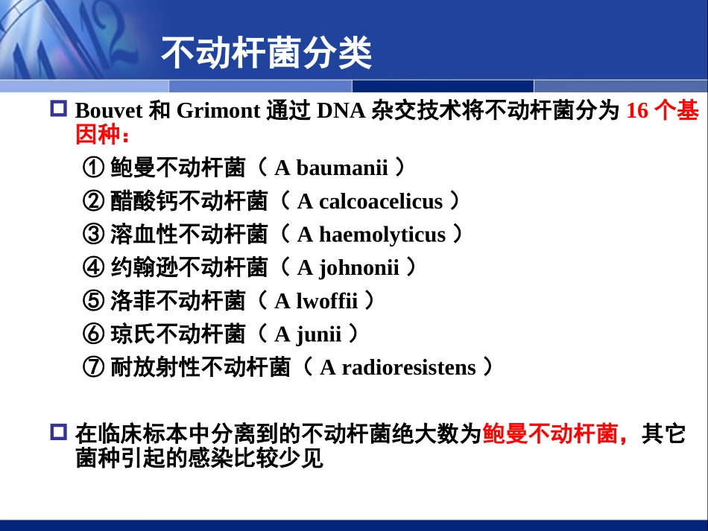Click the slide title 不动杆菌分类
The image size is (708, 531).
point(266,53)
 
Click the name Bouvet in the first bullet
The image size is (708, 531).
point(108,111)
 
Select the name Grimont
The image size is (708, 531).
point(218,111)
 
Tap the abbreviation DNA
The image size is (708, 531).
point(341,111)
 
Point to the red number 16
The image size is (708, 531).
point(637,111)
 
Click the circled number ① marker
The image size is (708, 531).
point(94,168)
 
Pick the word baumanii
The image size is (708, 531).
point(342,168)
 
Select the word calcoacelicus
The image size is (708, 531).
point(381,201)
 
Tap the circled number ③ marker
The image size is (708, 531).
point(94,234)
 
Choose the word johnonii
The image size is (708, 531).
point(359,268)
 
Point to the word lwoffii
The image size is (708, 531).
point(327,301)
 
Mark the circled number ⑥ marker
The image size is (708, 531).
point(94,334)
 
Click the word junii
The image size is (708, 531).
point(319,334)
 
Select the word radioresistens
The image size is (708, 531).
point(408,368)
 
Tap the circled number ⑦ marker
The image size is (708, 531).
point(94,367)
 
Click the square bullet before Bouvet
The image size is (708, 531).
point(58,109)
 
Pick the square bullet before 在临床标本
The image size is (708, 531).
point(58,432)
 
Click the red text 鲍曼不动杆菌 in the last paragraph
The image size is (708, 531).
point(551,434)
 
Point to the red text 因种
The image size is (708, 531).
point(98,135)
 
